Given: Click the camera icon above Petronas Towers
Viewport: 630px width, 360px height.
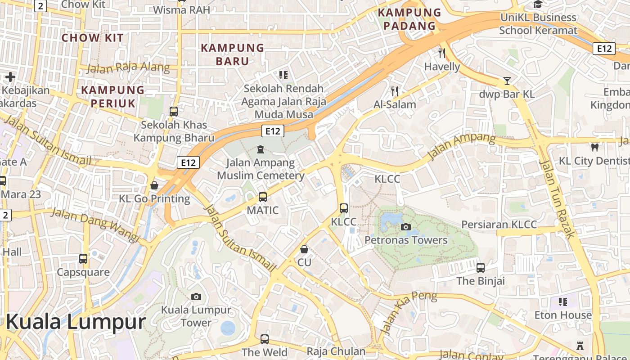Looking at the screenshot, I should coord(406,227).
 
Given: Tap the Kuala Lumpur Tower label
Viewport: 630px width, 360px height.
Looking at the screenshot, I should coord(196,316).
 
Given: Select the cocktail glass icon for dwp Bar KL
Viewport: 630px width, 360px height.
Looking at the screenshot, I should coord(507,81).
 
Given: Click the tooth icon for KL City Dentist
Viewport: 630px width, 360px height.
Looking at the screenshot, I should coord(594,147).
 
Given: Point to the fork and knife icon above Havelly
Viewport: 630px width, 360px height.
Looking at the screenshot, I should coord(442,53).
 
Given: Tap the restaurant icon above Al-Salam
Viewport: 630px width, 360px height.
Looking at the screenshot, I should coord(395,91).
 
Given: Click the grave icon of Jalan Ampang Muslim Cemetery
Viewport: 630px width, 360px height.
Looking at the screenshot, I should coord(260,149).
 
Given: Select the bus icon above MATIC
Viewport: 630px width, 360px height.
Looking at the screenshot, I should coord(262,197).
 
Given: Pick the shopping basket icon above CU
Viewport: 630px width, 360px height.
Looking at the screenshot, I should coord(304,249).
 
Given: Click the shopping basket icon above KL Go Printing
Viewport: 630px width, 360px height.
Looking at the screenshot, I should coord(154,185).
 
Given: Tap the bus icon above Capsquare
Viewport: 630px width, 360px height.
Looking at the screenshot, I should coord(83,259).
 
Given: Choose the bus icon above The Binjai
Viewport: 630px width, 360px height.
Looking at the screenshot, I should coord(481,268).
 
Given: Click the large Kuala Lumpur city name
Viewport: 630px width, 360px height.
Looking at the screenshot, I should coord(76,322).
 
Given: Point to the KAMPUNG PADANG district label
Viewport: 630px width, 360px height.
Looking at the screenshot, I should coord(409,19).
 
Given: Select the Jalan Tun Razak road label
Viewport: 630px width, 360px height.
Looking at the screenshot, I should coord(557,198).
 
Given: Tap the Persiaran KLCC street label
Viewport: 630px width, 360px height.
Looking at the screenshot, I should coord(499,225).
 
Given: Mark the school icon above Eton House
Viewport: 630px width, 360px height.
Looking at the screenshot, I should coord(562,301).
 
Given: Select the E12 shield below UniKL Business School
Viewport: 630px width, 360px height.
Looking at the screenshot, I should coord(603,49).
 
